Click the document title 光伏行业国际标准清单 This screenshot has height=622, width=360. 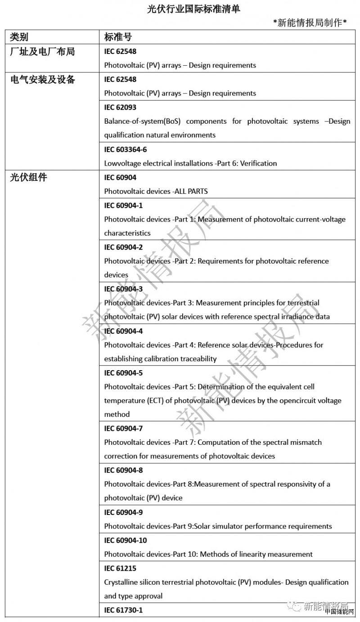pos(193,9)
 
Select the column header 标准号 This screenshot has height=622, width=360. pos(118,37)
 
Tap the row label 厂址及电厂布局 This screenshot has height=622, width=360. pos(42,51)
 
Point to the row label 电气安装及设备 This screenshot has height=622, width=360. pos(42,80)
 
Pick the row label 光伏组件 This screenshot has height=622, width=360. pos(28,177)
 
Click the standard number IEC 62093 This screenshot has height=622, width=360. pos(120,107)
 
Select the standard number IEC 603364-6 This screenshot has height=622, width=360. pos(126,149)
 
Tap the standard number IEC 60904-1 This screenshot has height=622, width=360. pos(123,206)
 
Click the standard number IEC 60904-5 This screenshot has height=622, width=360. pos(123,373)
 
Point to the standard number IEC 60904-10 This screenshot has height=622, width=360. pos(126,540)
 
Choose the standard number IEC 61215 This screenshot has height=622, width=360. pos(120,568)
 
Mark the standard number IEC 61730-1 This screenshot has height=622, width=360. pos(123,610)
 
